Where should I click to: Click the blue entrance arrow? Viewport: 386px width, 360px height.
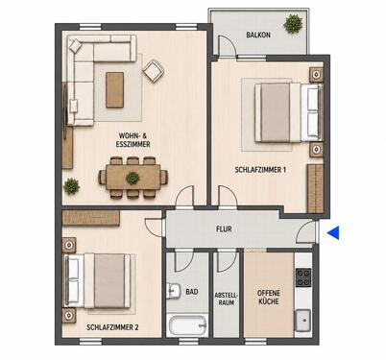(x=333, y=232)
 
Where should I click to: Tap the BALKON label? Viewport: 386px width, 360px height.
(x=258, y=35)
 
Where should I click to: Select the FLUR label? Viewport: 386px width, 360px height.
(x=224, y=229)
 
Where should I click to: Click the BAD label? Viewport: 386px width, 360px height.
(x=192, y=292)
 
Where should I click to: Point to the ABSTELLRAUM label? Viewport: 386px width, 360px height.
(x=227, y=299)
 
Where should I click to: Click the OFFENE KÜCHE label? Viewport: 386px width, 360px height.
(x=269, y=297)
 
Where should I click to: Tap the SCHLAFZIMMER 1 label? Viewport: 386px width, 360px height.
(x=260, y=170)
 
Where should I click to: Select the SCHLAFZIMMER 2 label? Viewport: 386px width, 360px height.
(x=112, y=327)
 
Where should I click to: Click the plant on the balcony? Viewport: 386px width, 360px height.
(x=293, y=24)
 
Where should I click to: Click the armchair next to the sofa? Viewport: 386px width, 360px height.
(x=154, y=71)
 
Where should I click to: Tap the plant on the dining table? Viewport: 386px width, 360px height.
(x=133, y=178)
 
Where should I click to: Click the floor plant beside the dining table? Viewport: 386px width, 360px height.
(x=71, y=186)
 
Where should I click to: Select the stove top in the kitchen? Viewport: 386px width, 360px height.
(x=303, y=277)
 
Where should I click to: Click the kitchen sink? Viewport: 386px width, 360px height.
(x=302, y=320)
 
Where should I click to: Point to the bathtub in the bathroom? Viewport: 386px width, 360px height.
(x=187, y=325)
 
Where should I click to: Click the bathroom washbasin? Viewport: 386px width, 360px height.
(x=173, y=291)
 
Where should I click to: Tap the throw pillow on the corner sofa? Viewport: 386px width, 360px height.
(x=76, y=46)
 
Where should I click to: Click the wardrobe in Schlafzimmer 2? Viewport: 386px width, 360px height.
(x=91, y=218)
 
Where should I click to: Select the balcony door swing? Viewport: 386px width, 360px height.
(x=227, y=46)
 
